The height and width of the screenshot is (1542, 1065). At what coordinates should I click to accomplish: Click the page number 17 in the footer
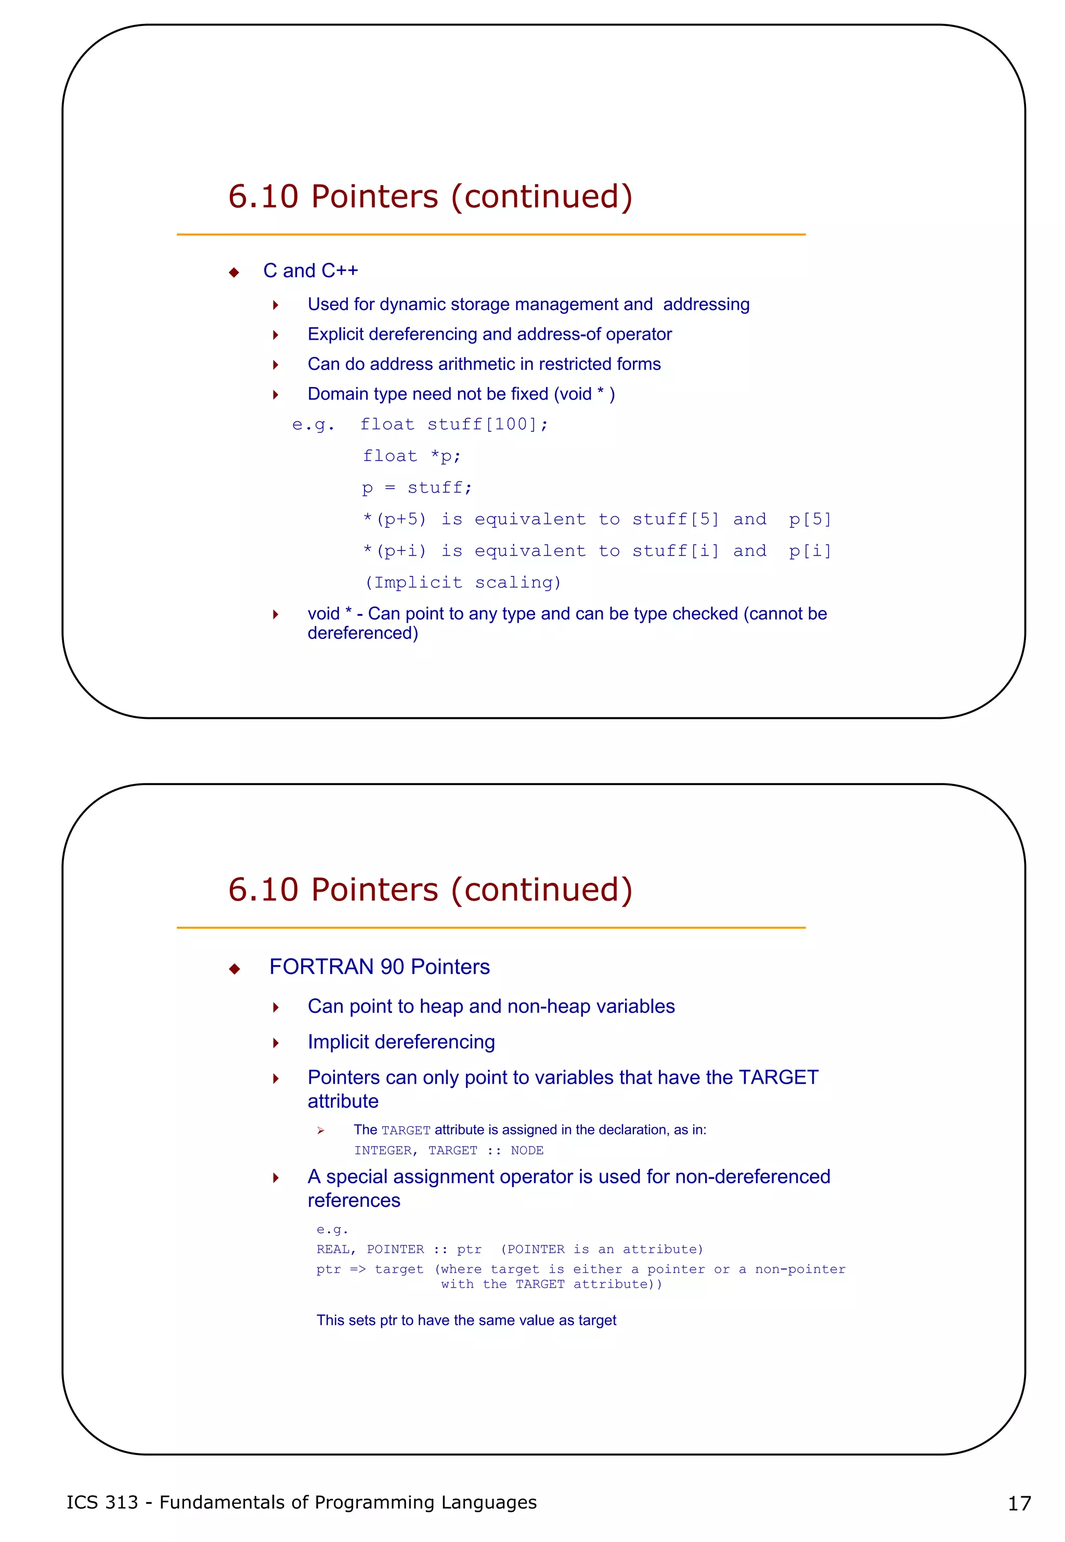click(1019, 1504)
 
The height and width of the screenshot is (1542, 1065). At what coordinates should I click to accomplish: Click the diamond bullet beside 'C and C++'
click(233, 273)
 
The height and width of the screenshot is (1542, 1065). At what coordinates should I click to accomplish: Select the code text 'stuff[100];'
click(487, 425)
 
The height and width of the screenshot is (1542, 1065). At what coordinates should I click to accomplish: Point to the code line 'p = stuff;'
click(417, 488)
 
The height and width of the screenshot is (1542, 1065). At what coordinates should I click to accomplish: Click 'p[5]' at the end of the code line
click(810, 519)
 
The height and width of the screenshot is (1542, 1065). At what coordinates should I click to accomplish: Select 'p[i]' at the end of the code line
click(810, 551)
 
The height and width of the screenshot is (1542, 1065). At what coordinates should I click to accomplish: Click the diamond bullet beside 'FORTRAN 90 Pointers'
click(233, 969)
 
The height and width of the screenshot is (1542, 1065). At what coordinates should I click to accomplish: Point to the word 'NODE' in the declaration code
click(527, 1150)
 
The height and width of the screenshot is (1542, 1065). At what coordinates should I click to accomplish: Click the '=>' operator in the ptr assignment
click(358, 1269)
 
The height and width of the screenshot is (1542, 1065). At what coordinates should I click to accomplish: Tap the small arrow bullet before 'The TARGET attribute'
click(320, 1131)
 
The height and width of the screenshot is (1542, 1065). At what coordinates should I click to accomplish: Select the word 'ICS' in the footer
click(82, 1502)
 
